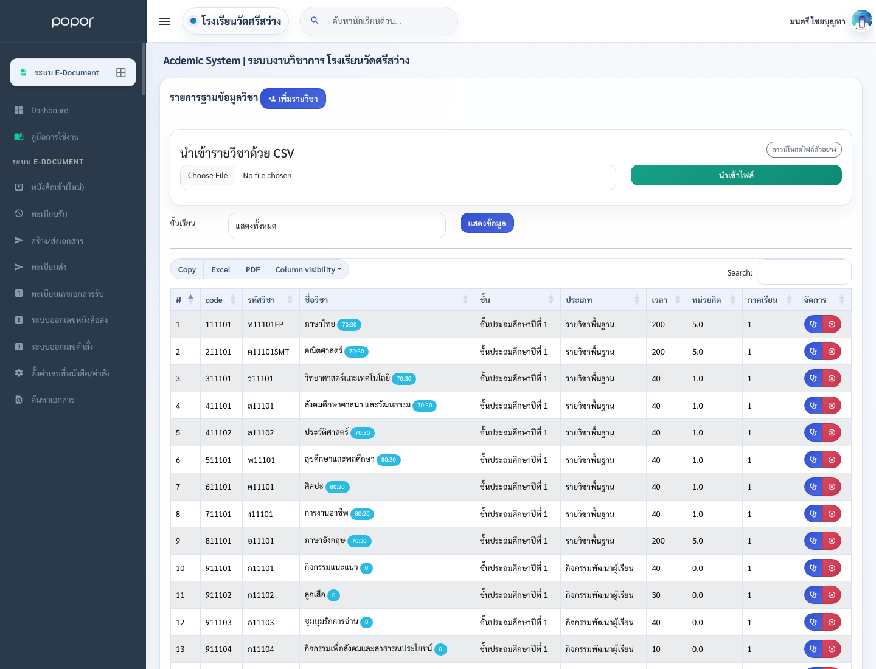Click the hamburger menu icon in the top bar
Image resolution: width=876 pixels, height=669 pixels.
click(x=164, y=21)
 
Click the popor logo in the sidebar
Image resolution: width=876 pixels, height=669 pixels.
click(x=73, y=21)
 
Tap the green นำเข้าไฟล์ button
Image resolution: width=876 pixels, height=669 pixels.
click(x=736, y=175)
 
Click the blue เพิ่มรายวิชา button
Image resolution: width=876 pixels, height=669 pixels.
click(x=293, y=99)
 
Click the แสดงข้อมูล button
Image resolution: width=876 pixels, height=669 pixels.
click(x=487, y=223)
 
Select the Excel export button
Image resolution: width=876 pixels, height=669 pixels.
click(x=220, y=269)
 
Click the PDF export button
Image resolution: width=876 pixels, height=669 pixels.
click(x=252, y=269)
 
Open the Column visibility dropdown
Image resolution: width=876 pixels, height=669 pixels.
click(x=308, y=269)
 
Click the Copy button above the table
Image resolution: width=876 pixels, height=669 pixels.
click(x=187, y=269)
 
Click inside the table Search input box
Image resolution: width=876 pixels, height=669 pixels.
click(x=804, y=272)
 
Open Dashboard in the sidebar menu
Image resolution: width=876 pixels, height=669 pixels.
click(x=49, y=110)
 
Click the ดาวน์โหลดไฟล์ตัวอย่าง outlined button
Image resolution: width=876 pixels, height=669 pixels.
click(x=804, y=150)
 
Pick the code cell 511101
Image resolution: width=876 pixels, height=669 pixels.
click(x=218, y=460)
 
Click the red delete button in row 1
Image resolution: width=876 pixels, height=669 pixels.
click(x=832, y=324)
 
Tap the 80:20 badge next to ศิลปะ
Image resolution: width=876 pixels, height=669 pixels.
click(x=337, y=487)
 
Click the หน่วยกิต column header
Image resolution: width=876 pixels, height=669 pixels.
click(x=706, y=300)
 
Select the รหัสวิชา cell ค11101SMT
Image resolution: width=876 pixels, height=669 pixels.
click(x=268, y=352)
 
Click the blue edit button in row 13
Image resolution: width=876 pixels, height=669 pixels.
click(x=813, y=649)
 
